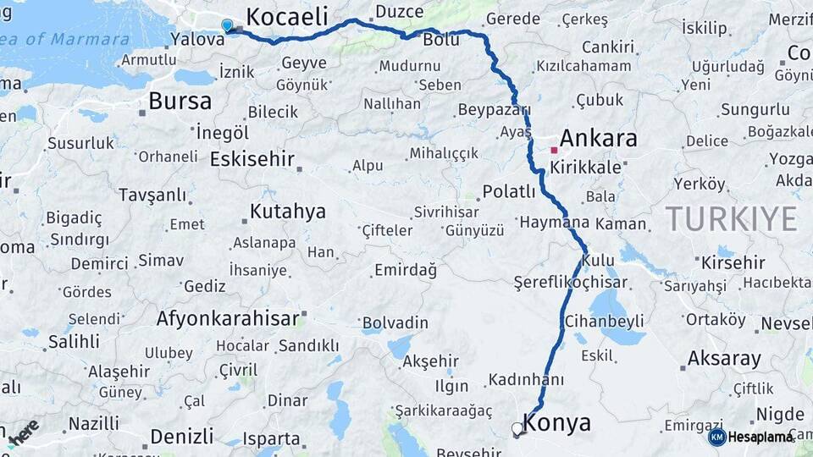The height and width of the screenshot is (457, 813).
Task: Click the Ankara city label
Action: pos(598,139)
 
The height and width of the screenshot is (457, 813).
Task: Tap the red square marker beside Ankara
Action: pos(554,151)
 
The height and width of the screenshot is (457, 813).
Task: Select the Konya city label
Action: pos(557,422)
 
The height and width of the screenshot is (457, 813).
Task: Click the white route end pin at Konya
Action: pos(517,429)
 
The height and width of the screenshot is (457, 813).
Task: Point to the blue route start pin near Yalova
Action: pos(227,25)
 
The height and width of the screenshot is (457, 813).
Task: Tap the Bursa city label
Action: pos(180,102)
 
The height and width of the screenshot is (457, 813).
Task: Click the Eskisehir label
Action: pos(252,159)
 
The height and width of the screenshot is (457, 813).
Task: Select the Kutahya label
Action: pos(288,212)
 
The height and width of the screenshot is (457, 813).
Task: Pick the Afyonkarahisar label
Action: pos(228,319)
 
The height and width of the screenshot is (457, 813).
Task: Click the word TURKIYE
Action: pos(731,218)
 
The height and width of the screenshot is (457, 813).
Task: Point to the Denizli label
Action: pos(181,437)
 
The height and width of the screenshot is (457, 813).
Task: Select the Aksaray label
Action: pos(724,358)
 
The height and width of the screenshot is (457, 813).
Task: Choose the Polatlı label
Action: pos(509,192)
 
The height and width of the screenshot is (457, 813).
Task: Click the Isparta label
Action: pos(272,438)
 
